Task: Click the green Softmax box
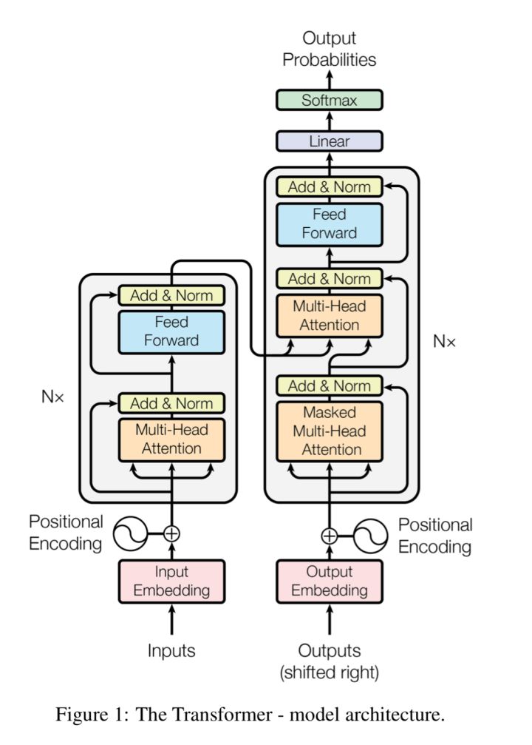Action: pyautogui.click(x=329, y=100)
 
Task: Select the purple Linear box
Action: pyautogui.click(x=329, y=141)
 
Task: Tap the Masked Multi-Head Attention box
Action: pyautogui.click(x=329, y=431)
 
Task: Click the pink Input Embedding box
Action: pyautogui.click(x=171, y=581)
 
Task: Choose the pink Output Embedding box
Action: pyautogui.click(x=329, y=581)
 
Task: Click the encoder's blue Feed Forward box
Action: pyautogui.click(x=171, y=331)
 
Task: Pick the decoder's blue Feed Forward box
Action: pyautogui.click(x=329, y=224)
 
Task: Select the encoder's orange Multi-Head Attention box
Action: pyautogui.click(x=171, y=439)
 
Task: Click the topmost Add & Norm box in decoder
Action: pyautogui.click(x=329, y=187)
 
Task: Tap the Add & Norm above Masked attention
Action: pyautogui.click(x=329, y=386)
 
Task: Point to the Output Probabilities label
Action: pyautogui.click(x=329, y=49)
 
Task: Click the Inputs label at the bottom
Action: pyautogui.click(x=171, y=651)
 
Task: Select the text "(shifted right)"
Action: pyautogui.click(x=329, y=672)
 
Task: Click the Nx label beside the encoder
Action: pyautogui.click(x=52, y=397)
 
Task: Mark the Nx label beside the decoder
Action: pyautogui.click(x=444, y=342)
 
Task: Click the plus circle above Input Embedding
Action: pyautogui.click(x=171, y=533)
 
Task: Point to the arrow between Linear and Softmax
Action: pyautogui.click(x=329, y=121)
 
